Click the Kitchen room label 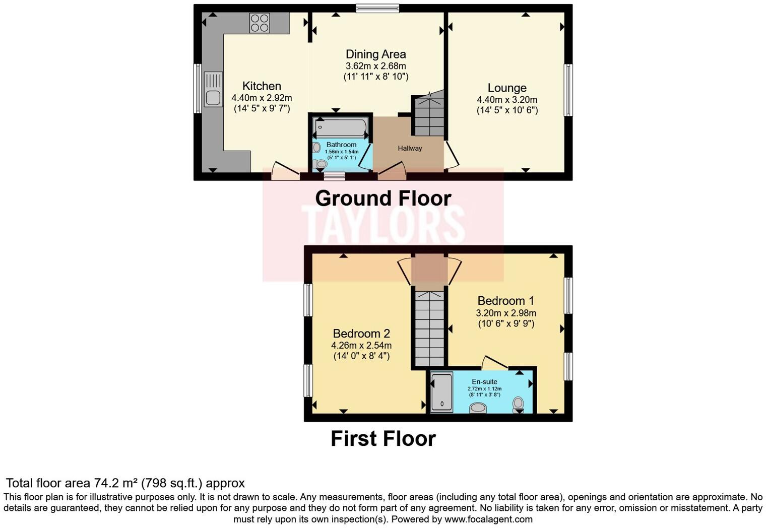(x=262, y=86)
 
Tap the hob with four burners (x=260, y=23)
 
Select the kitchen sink (x=213, y=89)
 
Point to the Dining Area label (x=375, y=54)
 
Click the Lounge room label (x=507, y=88)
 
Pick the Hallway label (x=410, y=148)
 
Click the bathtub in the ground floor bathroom (x=341, y=126)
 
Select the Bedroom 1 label (x=505, y=301)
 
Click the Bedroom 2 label (x=361, y=334)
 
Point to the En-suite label (x=484, y=381)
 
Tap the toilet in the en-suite (x=518, y=404)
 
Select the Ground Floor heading (x=383, y=198)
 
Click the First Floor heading (x=383, y=439)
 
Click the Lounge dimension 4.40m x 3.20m (x=507, y=100)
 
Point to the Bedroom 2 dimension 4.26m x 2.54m (x=361, y=346)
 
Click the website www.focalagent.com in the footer (x=488, y=519)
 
